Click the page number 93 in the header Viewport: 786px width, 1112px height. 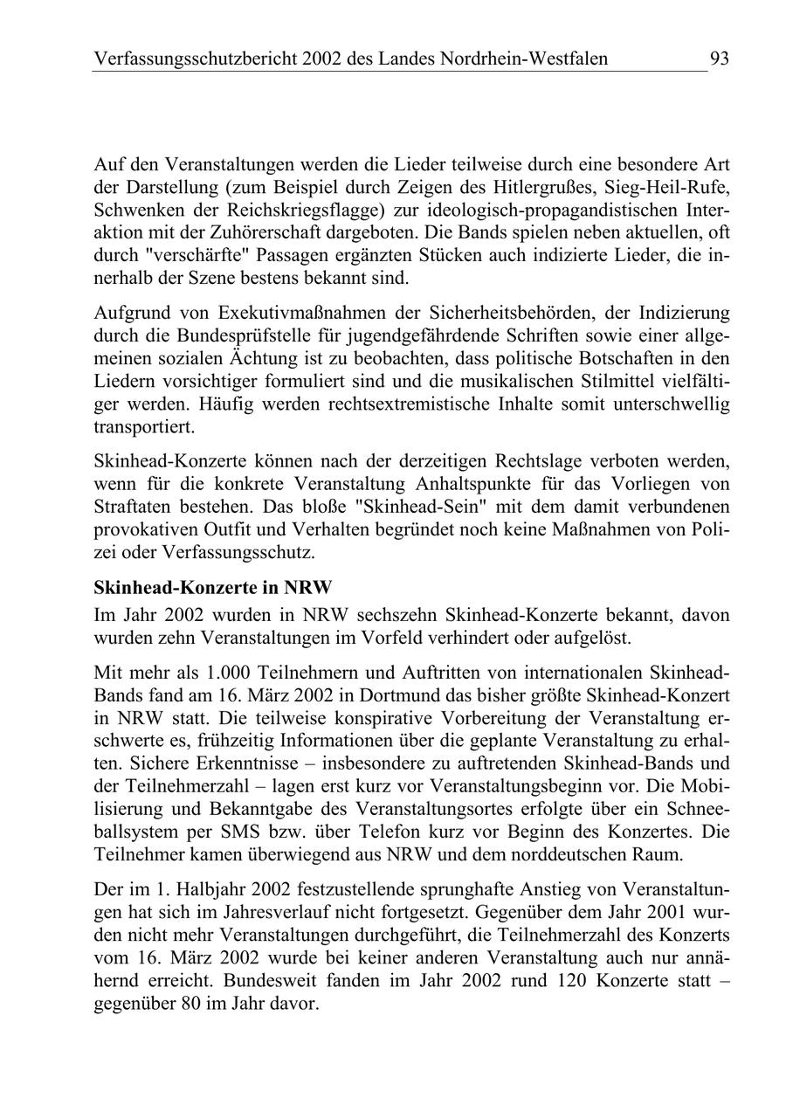click(x=719, y=59)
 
